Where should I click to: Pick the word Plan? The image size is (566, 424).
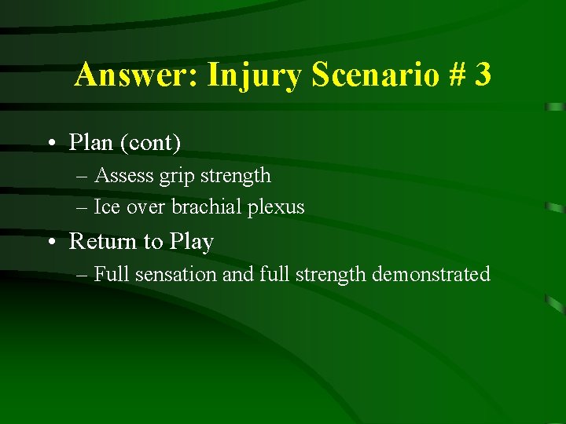tap(90, 142)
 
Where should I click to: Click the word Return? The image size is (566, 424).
tap(102, 241)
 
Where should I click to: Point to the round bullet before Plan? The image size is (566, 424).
tap(50, 144)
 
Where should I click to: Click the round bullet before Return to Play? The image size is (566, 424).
tap(50, 243)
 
